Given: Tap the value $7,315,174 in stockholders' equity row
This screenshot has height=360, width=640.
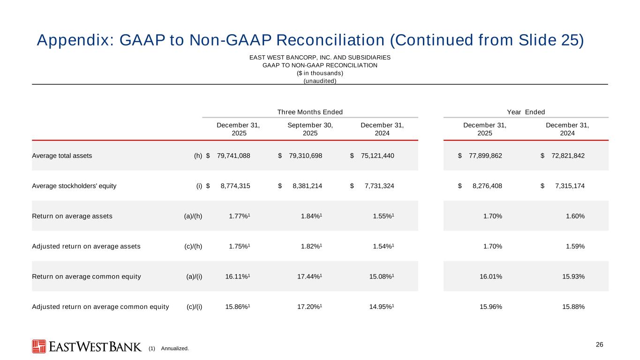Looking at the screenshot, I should tap(568, 186).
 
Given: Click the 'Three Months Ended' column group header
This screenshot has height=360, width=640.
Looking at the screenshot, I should tap(310, 112).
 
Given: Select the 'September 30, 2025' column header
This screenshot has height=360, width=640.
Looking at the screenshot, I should tap(310, 129).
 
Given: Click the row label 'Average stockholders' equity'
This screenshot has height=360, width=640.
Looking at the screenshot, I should tap(74, 186).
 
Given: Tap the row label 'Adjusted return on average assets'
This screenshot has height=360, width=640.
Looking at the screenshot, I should tap(86, 247).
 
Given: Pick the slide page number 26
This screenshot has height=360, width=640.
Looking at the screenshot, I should tap(599, 345).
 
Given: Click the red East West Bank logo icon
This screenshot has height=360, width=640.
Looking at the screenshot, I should tap(39, 346).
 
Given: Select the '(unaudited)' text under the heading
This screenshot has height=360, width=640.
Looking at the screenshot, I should tap(320, 81).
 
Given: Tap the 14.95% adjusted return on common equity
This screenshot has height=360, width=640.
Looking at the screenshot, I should tap(381, 307).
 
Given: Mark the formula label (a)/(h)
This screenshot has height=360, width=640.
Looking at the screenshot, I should tap(193, 216).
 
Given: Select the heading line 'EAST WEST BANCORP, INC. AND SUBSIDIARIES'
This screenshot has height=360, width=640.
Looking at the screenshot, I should tap(320, 58).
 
